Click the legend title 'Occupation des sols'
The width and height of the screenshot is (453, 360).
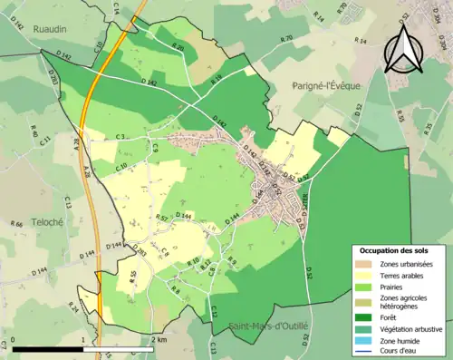396,249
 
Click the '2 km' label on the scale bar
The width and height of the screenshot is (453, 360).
159,339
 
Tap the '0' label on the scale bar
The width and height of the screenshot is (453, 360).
14,339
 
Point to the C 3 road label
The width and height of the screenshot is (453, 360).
120,137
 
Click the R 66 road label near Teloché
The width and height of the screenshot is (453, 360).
16,223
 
